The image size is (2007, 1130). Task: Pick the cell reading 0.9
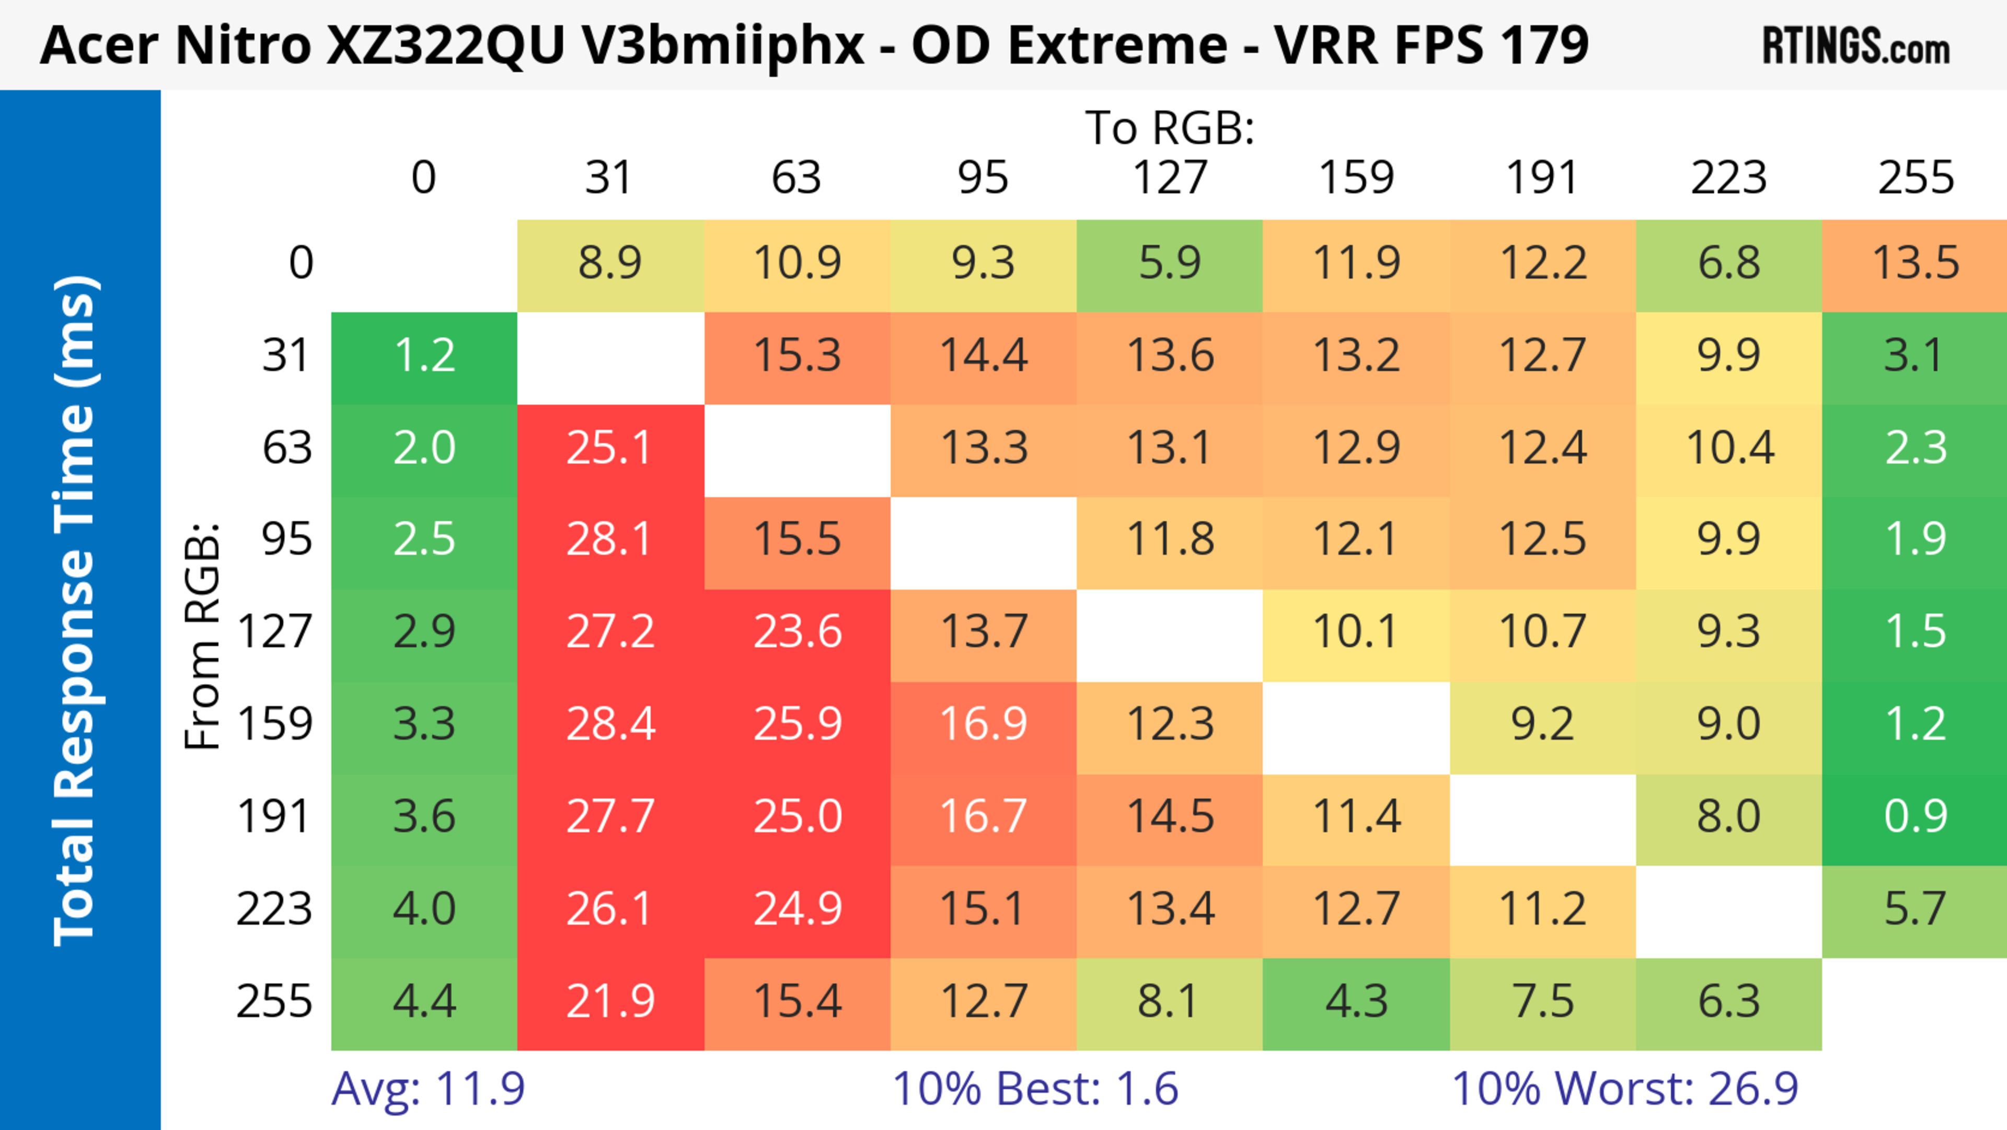pos(1915,816)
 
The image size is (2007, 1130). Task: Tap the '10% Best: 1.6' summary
pos(1035,1089)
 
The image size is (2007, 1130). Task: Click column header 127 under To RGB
pos(1170,178)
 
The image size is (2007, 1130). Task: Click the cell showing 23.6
pos(797,631)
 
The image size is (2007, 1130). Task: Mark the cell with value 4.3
pos(1356,1001)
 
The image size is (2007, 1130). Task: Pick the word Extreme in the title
pos(1117,45)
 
